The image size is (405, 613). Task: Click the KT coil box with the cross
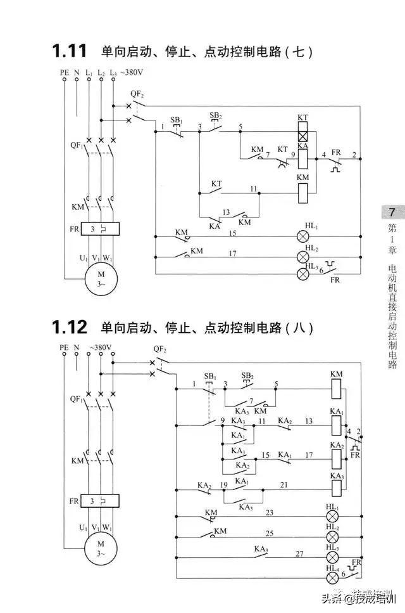pos(303,135)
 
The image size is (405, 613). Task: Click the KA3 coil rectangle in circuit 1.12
pos(336,486)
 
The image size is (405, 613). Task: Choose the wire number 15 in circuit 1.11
pos(232,234)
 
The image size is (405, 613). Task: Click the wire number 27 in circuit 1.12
pos(299,553)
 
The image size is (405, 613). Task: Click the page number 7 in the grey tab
pos(392,212)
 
